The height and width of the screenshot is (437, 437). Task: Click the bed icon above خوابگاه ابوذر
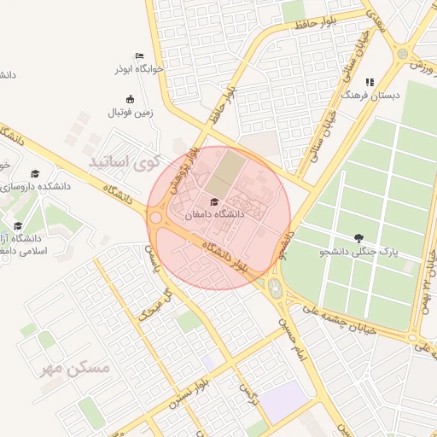pos(139,56)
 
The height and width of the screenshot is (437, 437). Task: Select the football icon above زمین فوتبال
pos(130,99)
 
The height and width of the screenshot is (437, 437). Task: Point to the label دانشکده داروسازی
pos(31,186)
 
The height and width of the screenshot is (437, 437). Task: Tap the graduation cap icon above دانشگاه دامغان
pos(213,201)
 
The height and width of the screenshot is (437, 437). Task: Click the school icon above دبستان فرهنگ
pos(370,83)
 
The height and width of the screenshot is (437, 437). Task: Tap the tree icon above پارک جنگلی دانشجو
pos(358,237)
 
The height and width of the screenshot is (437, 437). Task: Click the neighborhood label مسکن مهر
pos(88,368)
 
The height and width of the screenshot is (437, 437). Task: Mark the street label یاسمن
pos(152,253)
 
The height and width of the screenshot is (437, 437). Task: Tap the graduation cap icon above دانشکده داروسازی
pos(35,173)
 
